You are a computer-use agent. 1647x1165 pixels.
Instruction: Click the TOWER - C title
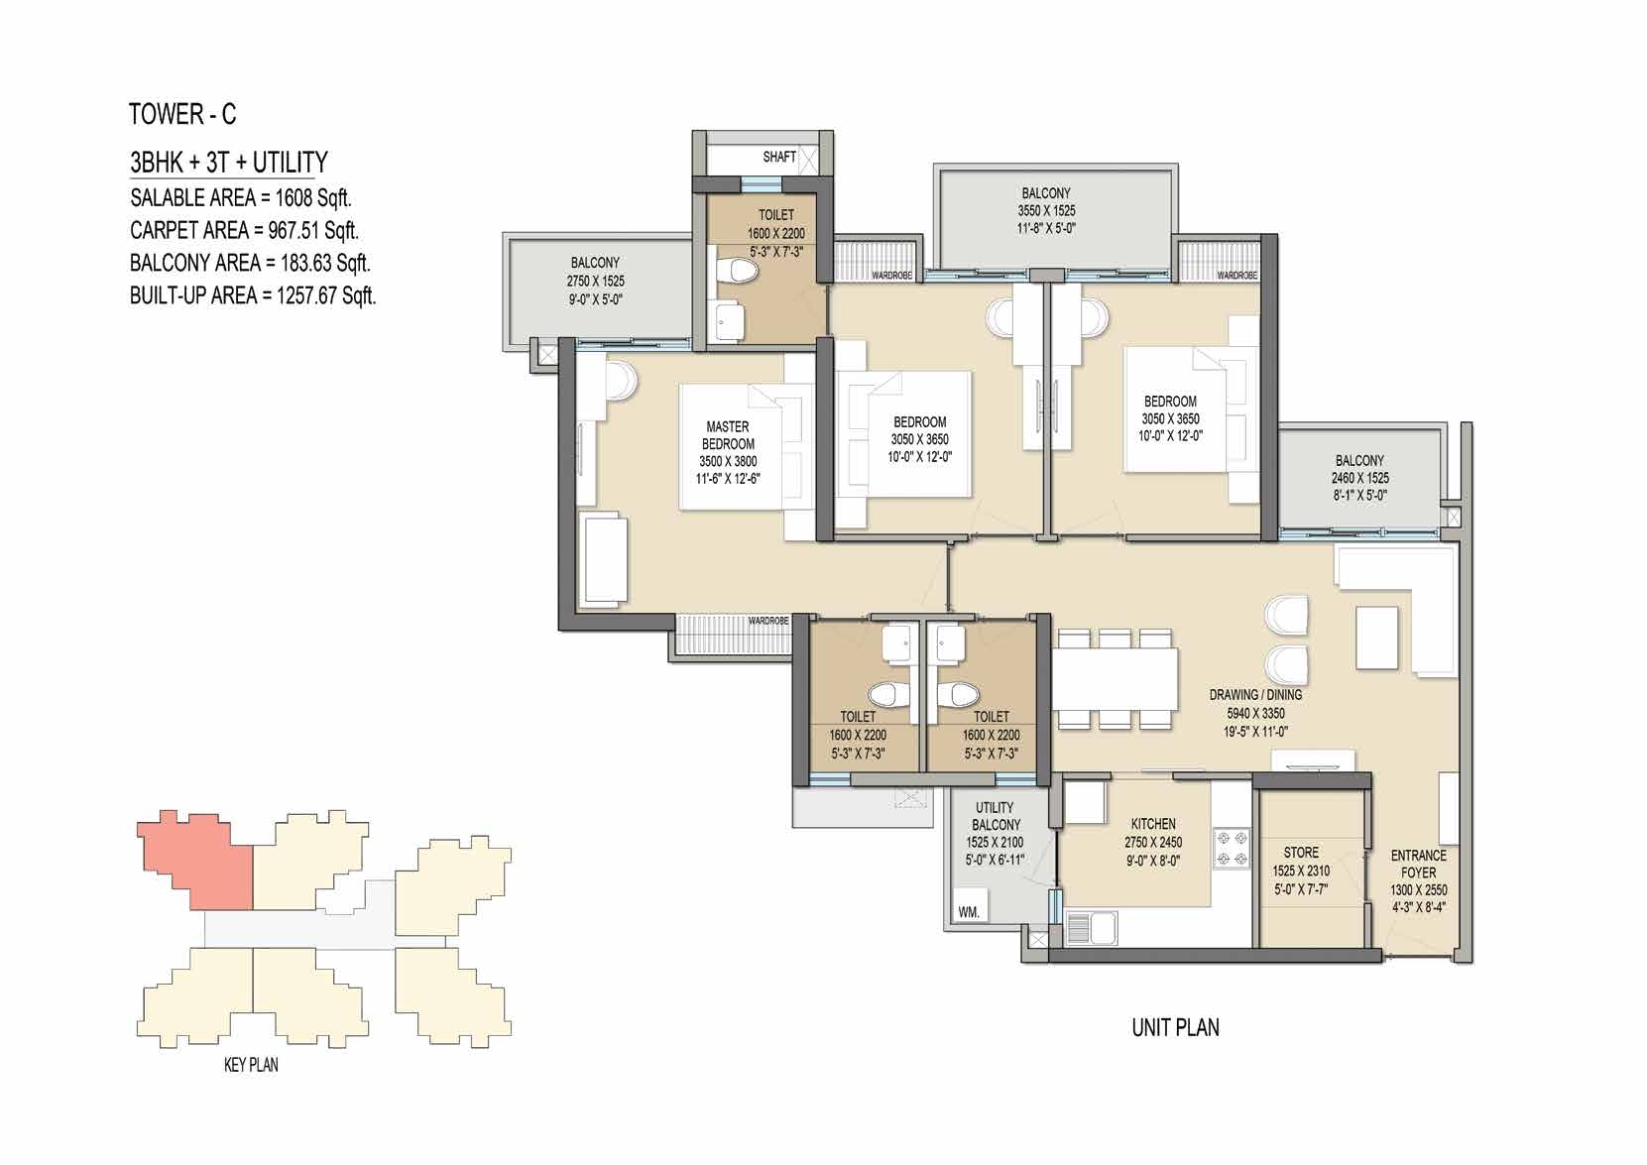[x=182, y=115]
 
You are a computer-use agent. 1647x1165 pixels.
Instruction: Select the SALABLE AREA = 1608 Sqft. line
[x=240, y=197]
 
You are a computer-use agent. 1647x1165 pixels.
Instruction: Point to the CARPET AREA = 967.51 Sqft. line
[x=244, y=230]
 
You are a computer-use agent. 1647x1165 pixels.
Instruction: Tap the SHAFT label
[x=779, y=157]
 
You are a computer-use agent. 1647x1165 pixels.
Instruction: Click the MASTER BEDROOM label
[x=728, y=435]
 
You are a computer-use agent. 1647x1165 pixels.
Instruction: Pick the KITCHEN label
[x=1153, y=824]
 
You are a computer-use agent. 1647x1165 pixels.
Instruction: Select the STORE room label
[x=1301, y=853]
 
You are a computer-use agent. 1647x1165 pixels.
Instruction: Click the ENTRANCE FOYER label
[x=1418, y=864]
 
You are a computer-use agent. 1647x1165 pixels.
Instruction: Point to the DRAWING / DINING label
[x=1256, y=695]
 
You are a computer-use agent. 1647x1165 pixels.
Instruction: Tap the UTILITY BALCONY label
[x=995, y=816]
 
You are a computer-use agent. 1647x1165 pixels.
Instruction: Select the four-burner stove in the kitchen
[x=1231, y=848]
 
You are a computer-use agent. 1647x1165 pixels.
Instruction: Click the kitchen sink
[x=1091, y=928]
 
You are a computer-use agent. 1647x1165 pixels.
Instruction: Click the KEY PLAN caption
[x=251, y=1064]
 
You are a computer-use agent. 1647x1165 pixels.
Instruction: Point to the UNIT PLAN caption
[x=1175, y=1027]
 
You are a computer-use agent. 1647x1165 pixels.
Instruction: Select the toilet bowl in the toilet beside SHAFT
[x=738, y=273]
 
